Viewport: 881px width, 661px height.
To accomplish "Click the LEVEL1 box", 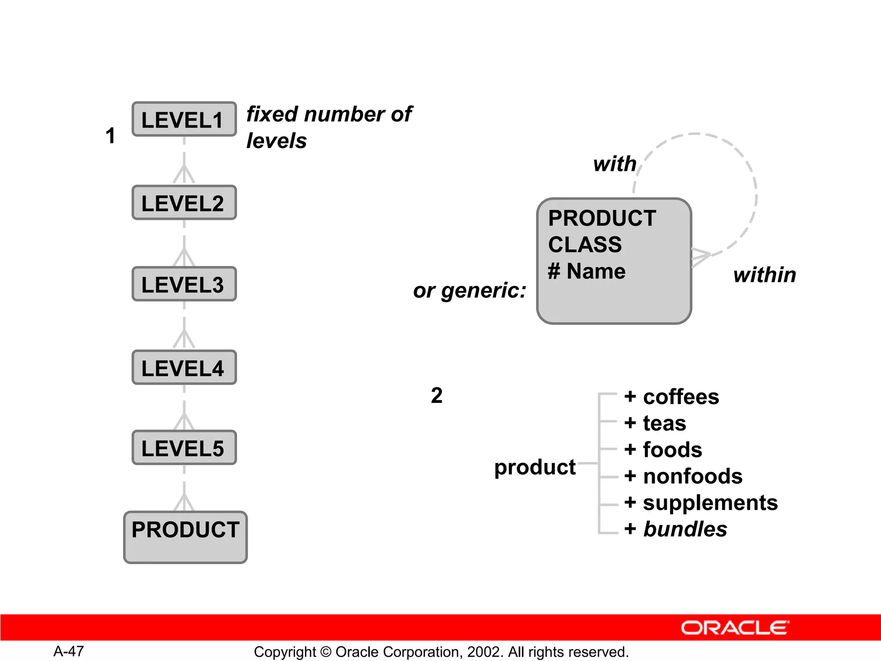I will click(x=184, y=119).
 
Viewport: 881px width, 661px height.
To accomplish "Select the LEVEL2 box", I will click(x=184, y=203).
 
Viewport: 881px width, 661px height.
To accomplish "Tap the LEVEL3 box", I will click(x=184, y=284).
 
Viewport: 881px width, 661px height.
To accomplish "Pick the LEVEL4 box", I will click(x=184, y=368).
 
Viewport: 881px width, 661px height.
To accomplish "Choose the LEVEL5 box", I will click(x=184, y=448).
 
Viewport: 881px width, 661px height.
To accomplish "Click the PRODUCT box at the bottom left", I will click(x=185, y=537).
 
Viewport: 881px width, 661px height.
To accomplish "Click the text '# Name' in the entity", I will click(x=586, y=272).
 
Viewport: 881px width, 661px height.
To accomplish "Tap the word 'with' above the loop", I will click(x=615, y=164).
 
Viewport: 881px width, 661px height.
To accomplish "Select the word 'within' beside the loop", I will click(x=764, y=275).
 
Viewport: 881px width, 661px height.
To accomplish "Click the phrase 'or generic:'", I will click(x=469, y=290).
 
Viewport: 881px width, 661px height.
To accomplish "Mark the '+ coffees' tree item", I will click(x=672, y=397).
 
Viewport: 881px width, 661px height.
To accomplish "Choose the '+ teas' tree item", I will click(x=655, y=423).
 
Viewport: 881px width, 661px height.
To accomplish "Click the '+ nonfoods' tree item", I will click(x=683, y=476).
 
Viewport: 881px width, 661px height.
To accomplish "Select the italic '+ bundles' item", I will click(x=675, y=529).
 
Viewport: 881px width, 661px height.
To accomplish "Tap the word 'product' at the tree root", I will click(x=535, y=467).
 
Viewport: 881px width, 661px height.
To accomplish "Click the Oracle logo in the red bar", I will click(x=735, y=628).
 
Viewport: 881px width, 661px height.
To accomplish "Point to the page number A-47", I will click(x=68, y=652).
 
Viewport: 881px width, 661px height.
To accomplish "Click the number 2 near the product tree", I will click(x=437, y=395).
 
